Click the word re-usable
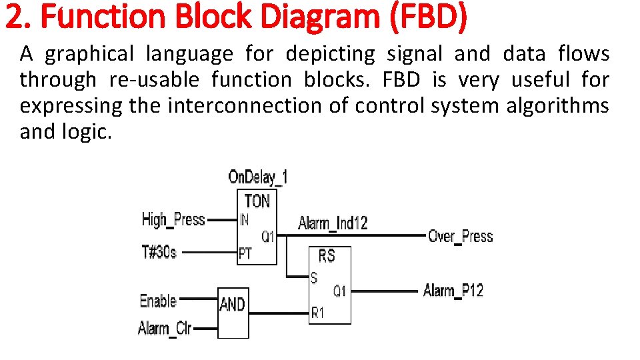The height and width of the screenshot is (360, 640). (153, 80)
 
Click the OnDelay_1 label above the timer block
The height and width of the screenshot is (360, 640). (258, 177)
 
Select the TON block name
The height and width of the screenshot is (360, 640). (257, 201)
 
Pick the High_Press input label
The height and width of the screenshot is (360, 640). (173, 219)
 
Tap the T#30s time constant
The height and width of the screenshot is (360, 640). (159, 252)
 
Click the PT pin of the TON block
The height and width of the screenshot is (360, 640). (245, 253)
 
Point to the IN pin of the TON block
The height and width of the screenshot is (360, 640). (244, 219)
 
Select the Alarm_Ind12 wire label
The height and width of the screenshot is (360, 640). (333, 223)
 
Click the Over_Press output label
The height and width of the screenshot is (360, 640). (460, 236)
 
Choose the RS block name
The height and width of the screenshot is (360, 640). (327, 256)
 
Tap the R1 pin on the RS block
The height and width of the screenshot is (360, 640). (317, 312)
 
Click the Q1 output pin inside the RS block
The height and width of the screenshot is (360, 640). (339, 291)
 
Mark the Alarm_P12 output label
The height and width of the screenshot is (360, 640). (453, 291)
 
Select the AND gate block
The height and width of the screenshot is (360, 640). (233, 312)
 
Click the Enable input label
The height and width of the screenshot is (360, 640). (158, 301)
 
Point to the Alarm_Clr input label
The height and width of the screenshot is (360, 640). (165, 328)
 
